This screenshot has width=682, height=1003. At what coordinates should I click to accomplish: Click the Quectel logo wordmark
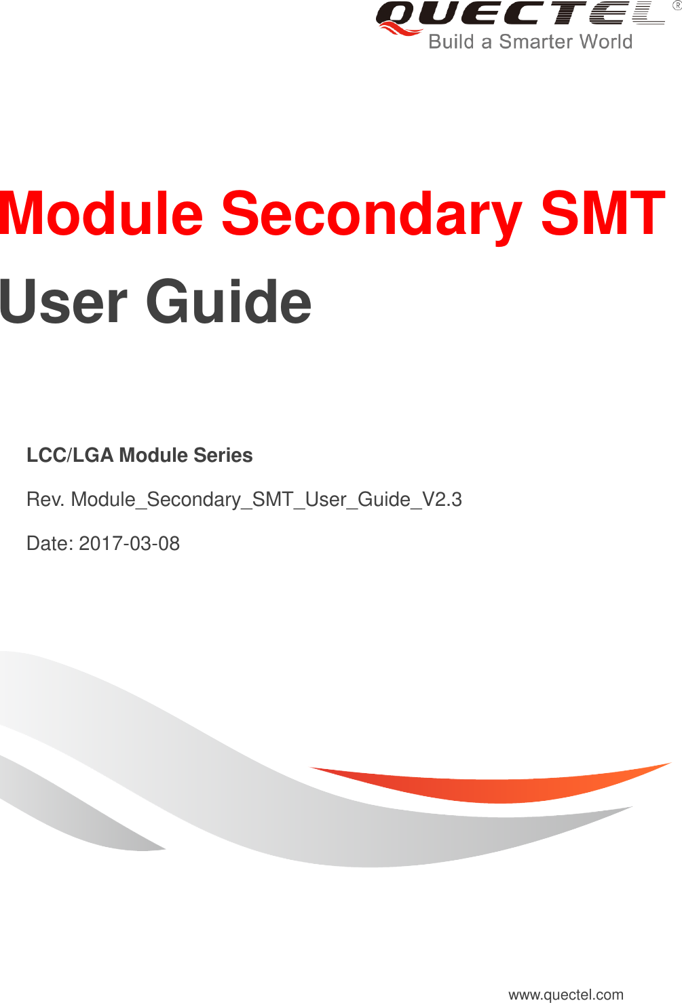click(x=520, y=14)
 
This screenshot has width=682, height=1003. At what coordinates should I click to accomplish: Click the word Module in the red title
click(x=102, y=214)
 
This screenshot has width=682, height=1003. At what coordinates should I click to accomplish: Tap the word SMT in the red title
click(x=603, y=214)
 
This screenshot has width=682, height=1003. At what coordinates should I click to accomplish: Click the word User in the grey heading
click(x=62, y=301)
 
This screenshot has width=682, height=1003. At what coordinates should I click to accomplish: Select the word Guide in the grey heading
click(x=229, y=301)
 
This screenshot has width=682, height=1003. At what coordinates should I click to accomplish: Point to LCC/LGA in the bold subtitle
click(x=70, y=455)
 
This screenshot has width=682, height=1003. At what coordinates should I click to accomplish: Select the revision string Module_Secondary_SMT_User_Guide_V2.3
click(x=266, y=500)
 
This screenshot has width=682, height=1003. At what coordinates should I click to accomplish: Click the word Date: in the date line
click(x=50, y=544)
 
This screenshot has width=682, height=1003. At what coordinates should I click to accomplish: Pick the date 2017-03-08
click(x=130, y=544)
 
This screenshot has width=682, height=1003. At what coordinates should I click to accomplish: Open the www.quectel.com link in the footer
click(x=566, y=994)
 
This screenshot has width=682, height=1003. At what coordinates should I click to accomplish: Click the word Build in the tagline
click(x=451, y=42)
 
